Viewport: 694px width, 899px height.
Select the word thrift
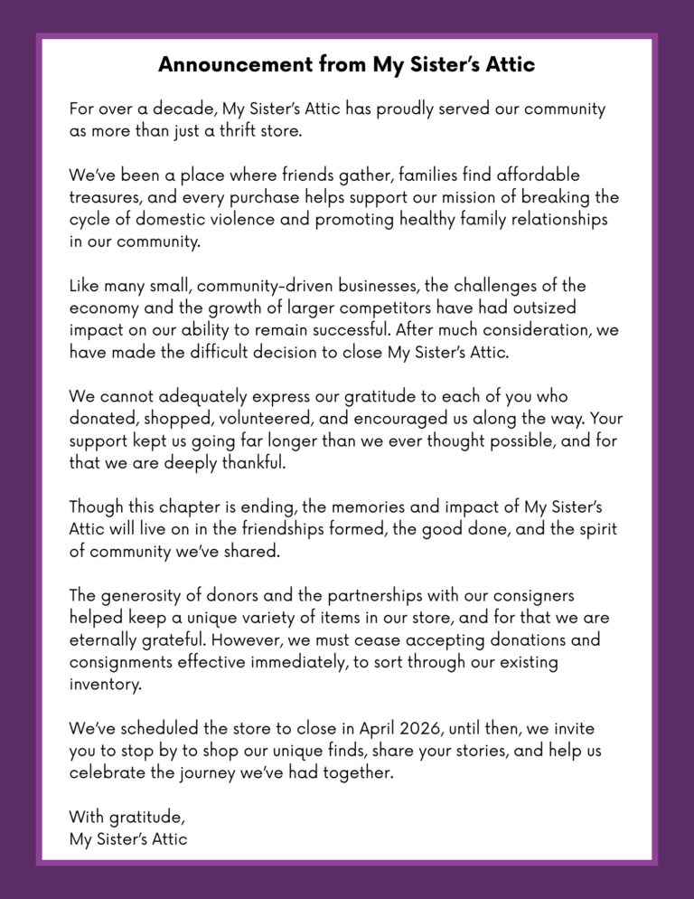245,130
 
